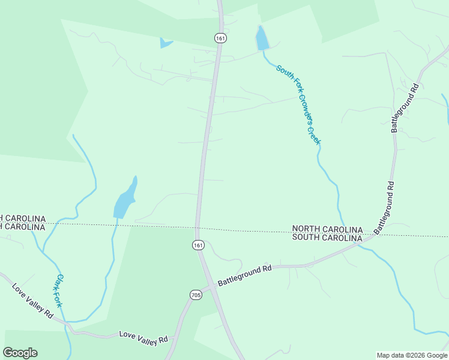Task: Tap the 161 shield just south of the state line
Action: click(198, 245)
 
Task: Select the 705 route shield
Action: click(196, 295)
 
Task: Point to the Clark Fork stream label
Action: click(59, 291)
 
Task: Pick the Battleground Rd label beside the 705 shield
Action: click(245, 275)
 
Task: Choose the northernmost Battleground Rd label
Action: click(405, 109)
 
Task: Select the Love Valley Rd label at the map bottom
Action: click(143, 337)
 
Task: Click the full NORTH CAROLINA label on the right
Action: click(327, 230)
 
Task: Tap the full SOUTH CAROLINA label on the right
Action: click(327, 238)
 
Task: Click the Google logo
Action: click(20, 353)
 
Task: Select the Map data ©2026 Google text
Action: click(412, 356)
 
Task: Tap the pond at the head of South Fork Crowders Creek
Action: click(262, 40)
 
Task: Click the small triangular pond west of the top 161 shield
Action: click(165, 43)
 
